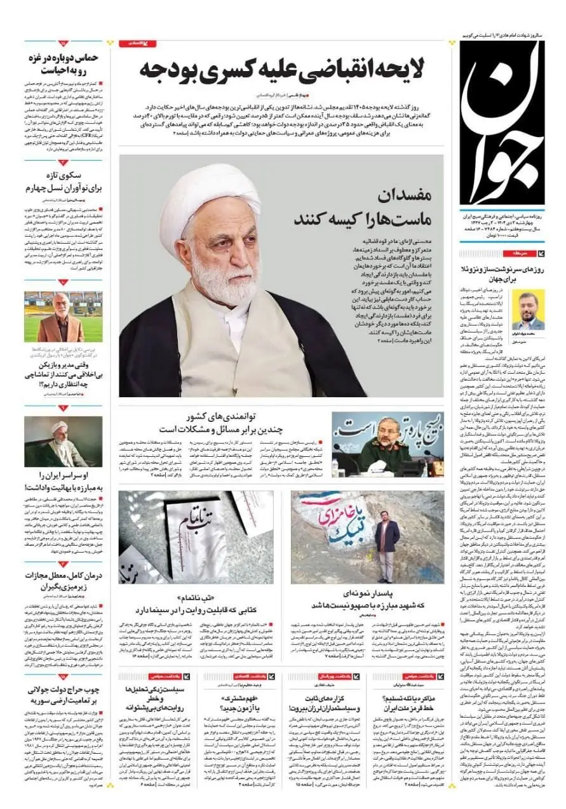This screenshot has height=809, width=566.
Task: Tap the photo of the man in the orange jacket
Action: point(63,317)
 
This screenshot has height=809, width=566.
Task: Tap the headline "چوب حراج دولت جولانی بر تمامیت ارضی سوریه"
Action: point(63,694)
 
